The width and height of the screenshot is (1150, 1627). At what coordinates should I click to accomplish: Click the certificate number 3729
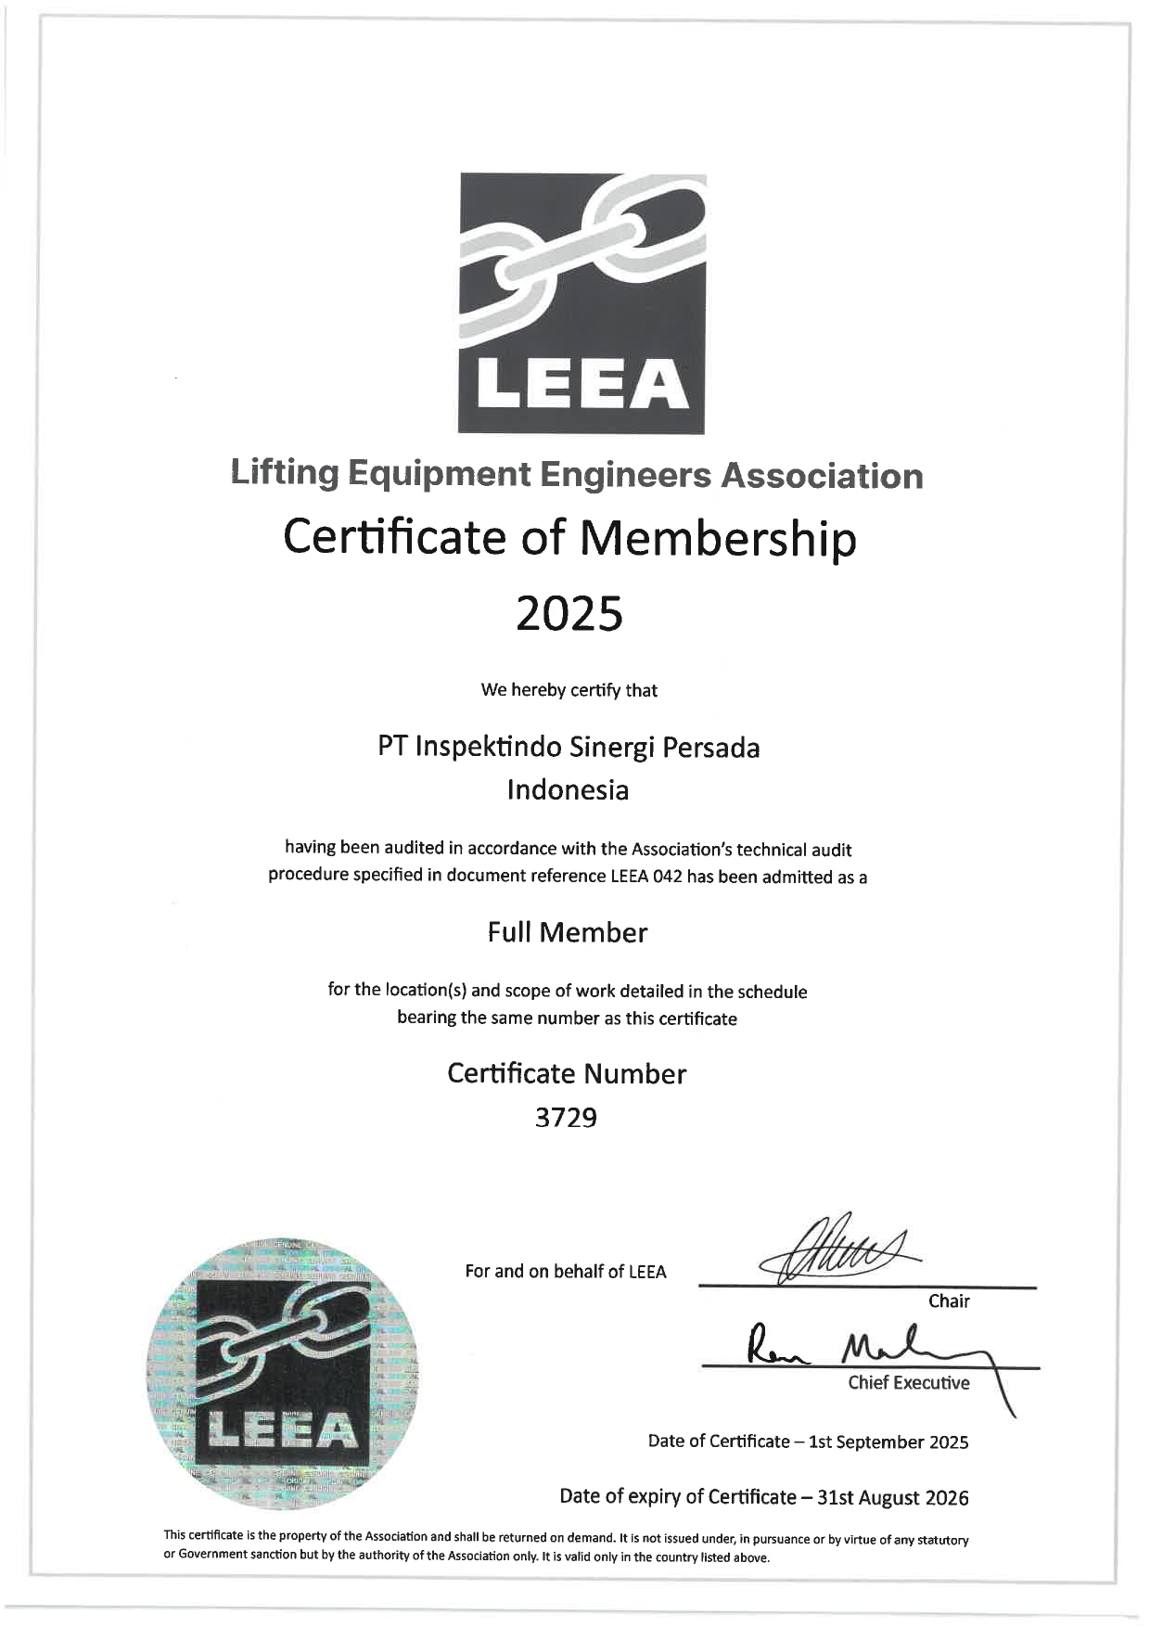click(566, 1118)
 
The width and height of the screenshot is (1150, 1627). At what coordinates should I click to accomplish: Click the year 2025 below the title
click(569, 613)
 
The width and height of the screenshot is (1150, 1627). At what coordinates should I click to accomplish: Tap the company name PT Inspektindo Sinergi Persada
click(569, 747)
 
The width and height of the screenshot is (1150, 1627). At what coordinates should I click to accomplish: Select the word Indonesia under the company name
click(568, 790)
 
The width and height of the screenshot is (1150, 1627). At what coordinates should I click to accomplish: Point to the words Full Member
click(568, 932)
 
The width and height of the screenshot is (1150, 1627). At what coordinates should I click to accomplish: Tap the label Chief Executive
click(908, 1383)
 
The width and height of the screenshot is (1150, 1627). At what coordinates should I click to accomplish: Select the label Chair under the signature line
click(949, 1301)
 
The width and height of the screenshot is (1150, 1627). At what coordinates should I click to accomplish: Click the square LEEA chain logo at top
click(581, 303)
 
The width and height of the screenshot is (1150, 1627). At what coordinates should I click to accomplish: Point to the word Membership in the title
click(718, 537)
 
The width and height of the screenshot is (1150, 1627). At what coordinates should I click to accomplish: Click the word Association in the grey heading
click(822, 476)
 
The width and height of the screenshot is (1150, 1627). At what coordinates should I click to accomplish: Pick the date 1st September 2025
click(888, 1441)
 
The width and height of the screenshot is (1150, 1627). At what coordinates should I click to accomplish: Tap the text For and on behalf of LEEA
click(566, 1272)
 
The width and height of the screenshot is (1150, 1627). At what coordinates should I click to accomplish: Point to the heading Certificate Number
click(567, 1073)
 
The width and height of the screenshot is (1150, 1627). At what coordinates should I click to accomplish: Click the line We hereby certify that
click(569, 690)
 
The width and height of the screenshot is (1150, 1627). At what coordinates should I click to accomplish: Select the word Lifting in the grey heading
click(285, 474)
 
